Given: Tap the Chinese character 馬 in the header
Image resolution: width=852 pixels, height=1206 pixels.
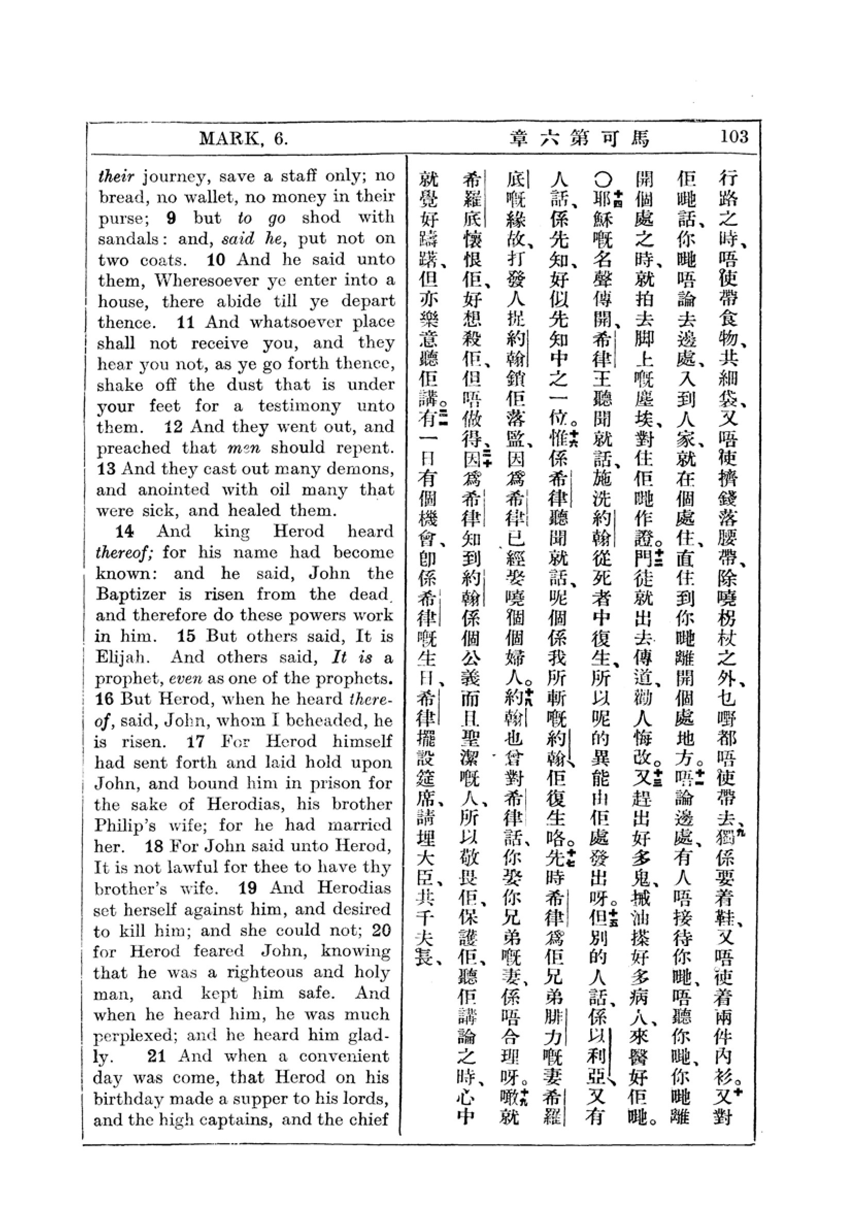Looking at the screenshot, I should click(640, 138).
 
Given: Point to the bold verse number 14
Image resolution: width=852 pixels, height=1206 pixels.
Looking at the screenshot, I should click(124, 531).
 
